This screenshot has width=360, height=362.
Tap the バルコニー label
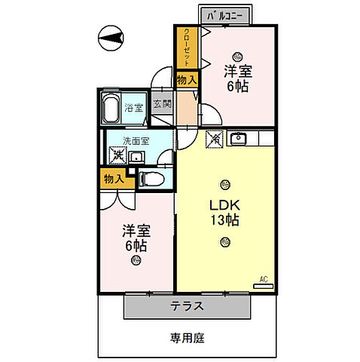(229, 14)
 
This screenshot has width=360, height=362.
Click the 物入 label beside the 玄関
(187, 79)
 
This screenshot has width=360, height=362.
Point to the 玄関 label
(161, 106)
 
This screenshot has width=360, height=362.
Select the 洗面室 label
(136, 141)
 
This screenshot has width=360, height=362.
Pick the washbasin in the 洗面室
(139, 157)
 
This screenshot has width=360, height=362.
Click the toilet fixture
(151, 179)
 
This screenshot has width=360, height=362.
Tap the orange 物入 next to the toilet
(114, 179)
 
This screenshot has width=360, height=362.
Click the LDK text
(224, 204)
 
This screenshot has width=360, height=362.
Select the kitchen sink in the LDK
(238, 138)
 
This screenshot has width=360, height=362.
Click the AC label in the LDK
(264, 280)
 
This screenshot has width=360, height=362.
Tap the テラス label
(186, 306)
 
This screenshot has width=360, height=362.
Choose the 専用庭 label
(186, 339)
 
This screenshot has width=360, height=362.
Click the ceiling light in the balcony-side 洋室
(238, 55)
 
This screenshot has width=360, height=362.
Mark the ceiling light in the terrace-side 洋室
(136, 261)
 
